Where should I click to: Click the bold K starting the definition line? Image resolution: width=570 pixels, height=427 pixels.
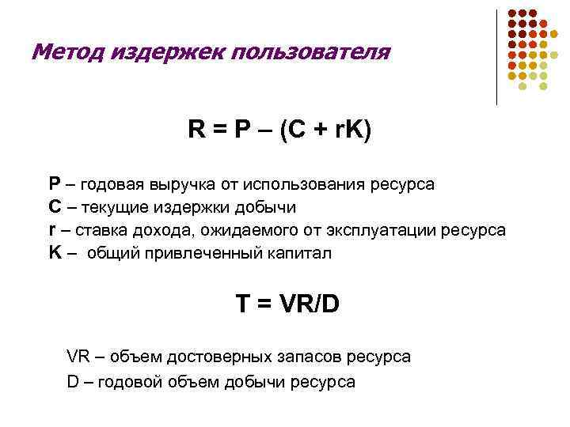point(55,253)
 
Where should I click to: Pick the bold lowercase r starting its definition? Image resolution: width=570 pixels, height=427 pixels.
point(52,230)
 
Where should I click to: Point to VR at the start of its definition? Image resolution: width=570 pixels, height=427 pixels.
point(78,357)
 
